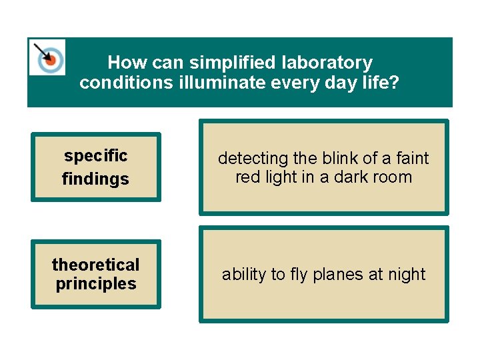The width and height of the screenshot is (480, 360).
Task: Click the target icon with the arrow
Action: (48, 58)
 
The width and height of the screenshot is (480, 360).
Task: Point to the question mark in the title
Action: (395, 83)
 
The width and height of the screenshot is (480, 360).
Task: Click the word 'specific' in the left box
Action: (95, 156)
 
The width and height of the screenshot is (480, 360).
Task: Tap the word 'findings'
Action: (95, 179)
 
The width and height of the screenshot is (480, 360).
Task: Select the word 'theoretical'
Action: (95, 265)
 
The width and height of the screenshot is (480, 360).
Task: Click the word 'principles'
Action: (95, 284)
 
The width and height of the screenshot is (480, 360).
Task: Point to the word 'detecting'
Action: (253, 159)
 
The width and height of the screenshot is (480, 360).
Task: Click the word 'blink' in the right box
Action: (338, 159)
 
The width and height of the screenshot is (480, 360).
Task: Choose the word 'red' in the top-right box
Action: (247, 177)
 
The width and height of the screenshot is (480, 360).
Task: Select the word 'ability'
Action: (243, 275)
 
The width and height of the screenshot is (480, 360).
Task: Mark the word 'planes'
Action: (338, 275)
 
